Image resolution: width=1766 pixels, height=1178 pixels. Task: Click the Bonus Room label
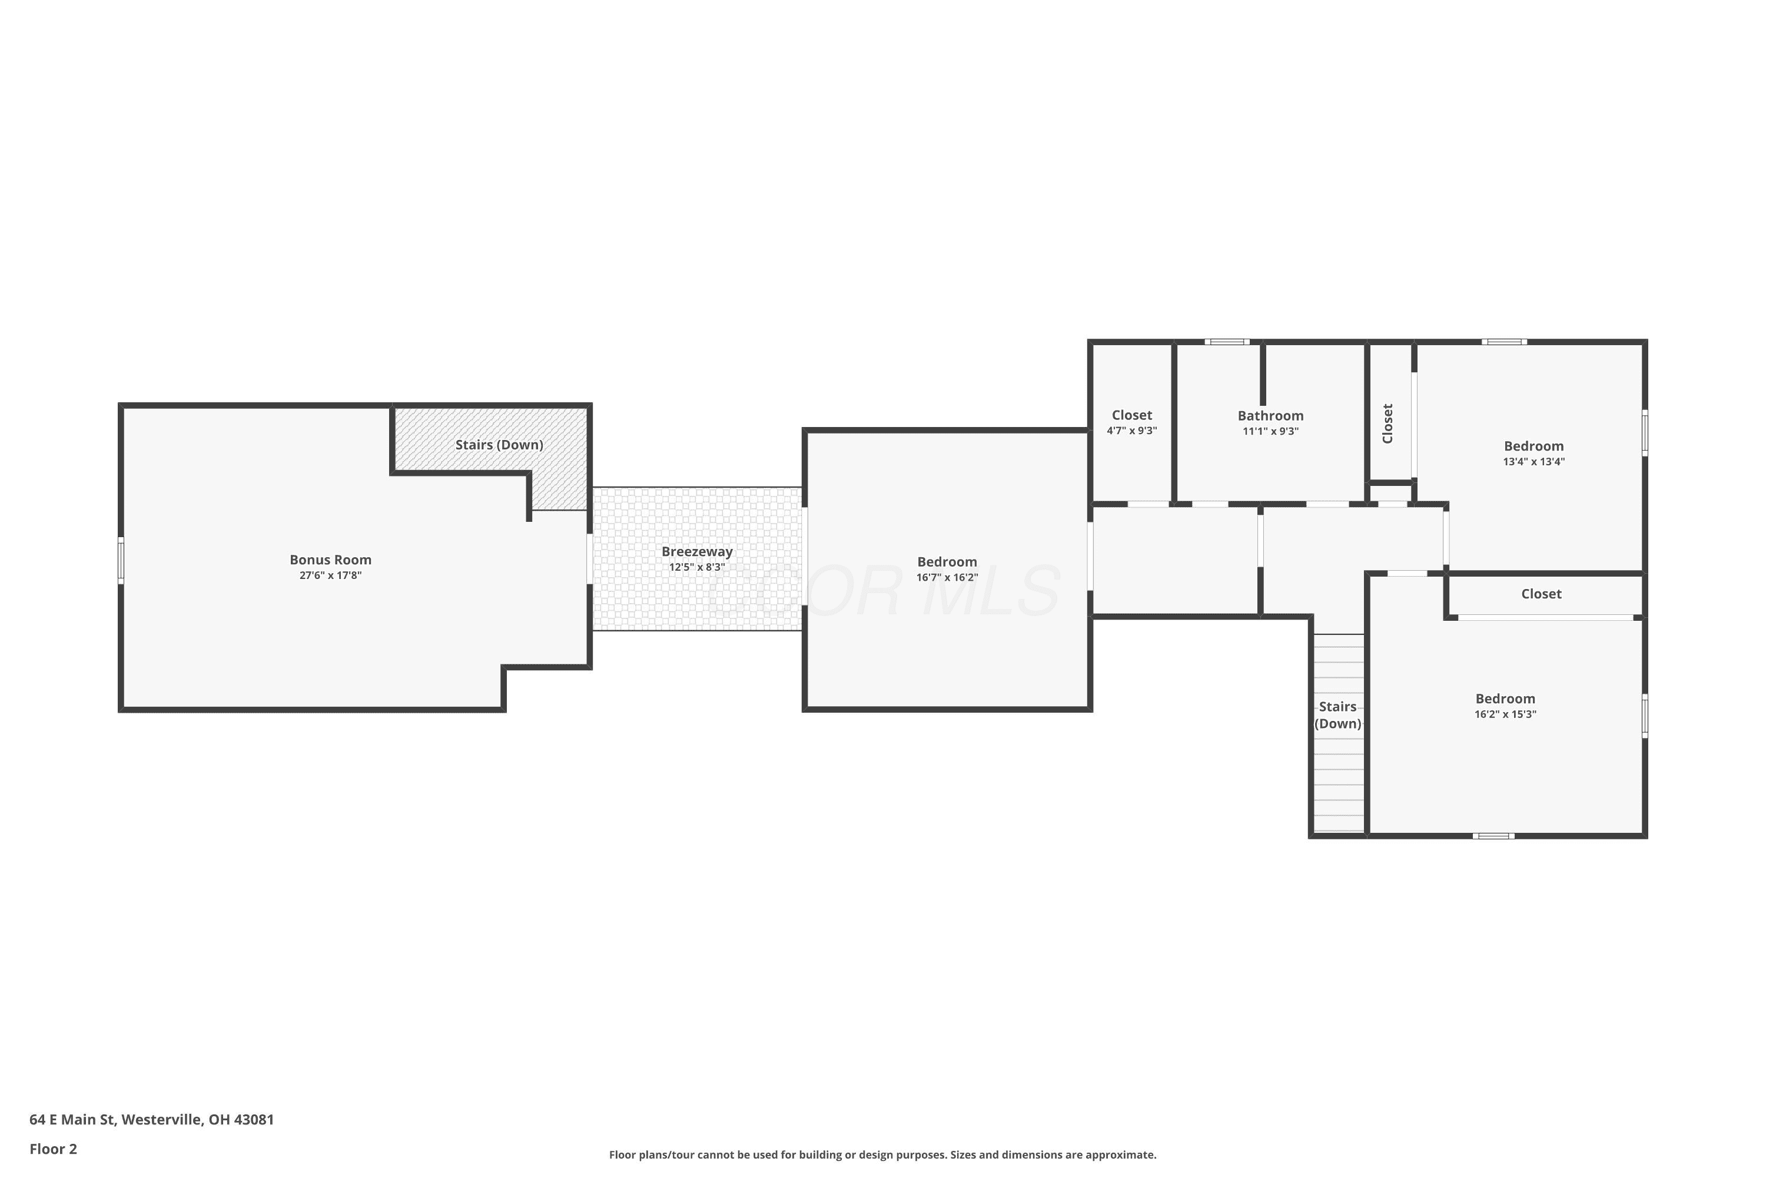point(330,560)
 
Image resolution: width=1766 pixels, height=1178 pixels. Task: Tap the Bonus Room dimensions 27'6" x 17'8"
point(330,575)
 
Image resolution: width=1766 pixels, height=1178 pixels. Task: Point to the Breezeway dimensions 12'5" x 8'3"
point(697,567)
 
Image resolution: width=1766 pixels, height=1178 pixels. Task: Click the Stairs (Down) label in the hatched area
point(499,445)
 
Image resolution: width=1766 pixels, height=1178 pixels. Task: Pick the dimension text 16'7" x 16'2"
point(947,578)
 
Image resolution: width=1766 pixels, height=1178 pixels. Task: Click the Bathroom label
point(1270,415)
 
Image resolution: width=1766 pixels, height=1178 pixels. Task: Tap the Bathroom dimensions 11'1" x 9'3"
point(1270,431)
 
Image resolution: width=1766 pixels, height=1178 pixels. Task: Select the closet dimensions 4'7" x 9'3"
point(1131,431)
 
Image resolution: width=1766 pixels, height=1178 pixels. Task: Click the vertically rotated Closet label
point(1387,423)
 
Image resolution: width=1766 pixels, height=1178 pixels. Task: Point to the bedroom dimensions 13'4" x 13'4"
point(1534,462)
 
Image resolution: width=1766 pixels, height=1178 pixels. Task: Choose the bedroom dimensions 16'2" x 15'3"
point(1505,714)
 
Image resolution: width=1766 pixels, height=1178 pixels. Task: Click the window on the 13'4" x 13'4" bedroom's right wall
point(1644,433)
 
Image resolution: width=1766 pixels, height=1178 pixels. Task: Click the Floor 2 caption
point(54,1149)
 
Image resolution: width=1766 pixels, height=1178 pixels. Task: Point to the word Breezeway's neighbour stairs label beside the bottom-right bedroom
point(1337,715)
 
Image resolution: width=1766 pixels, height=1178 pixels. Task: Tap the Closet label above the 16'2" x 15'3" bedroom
point(1542,594)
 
